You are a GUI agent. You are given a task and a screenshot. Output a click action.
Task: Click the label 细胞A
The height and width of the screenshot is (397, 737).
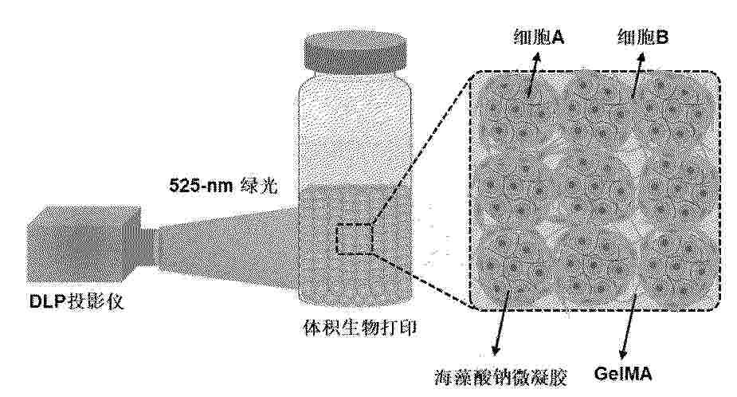(539, 36)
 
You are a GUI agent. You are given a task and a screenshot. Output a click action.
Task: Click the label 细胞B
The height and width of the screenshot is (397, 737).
(642, 36)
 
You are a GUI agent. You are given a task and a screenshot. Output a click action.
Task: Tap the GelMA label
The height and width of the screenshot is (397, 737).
(623, 374)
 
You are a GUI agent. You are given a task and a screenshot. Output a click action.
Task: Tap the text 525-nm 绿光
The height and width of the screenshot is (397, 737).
(223, 185)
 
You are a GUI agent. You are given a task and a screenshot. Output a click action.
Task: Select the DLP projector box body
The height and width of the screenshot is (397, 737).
(84, 243)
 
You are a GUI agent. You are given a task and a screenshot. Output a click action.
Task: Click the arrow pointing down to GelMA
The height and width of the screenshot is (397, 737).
(628, 325)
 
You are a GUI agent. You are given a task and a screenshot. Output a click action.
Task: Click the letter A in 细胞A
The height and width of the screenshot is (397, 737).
(558, 37)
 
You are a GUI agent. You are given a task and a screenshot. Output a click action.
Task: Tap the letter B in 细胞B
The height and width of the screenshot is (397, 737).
(662, 37)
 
